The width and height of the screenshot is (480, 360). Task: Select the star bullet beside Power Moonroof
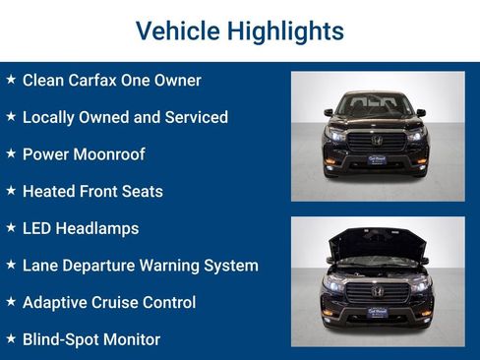11,153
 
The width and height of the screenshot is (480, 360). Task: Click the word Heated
49,191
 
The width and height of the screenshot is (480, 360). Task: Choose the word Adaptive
55,303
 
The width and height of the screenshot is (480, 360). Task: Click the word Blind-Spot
62,340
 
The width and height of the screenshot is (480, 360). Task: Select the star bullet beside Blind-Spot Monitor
11,339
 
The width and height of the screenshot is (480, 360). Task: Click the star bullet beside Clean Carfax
11,79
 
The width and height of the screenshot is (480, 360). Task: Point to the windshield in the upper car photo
378,101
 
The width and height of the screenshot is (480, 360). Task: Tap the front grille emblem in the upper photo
378,140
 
